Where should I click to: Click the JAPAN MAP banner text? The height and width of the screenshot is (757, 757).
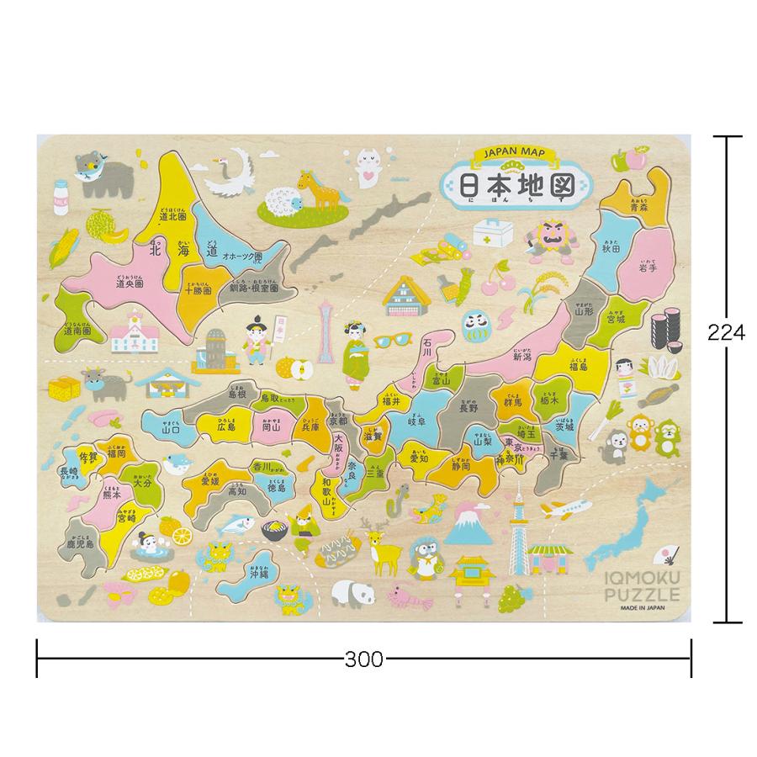[x=515, y=155]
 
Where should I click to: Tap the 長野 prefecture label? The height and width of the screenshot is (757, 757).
[x=467, y=409]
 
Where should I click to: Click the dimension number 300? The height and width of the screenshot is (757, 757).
[x=363, y=659]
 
